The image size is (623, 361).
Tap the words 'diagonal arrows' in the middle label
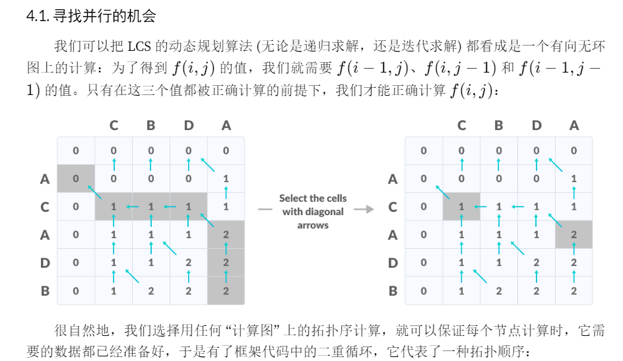pos(313,218)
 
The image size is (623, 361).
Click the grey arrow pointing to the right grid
pos(364,209)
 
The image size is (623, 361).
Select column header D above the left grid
pos(189,125)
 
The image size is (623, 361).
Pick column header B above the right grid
pos(498,125)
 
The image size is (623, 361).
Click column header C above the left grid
pos(114,125)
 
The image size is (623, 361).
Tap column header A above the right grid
pos(574,125)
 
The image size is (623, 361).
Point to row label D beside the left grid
pos(45,263)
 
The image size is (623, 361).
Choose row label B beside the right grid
pos(393,290)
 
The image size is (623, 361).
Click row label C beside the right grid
pos(393,207)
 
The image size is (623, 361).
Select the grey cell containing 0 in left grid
pos(76,178)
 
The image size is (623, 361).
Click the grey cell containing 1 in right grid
pos(461,207)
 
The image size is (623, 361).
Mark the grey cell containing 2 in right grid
pos(574,235)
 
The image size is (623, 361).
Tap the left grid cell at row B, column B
pos(151,290)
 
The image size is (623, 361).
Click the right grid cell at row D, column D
pos(536,263)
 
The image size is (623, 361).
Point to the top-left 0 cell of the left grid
pos(76,150)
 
